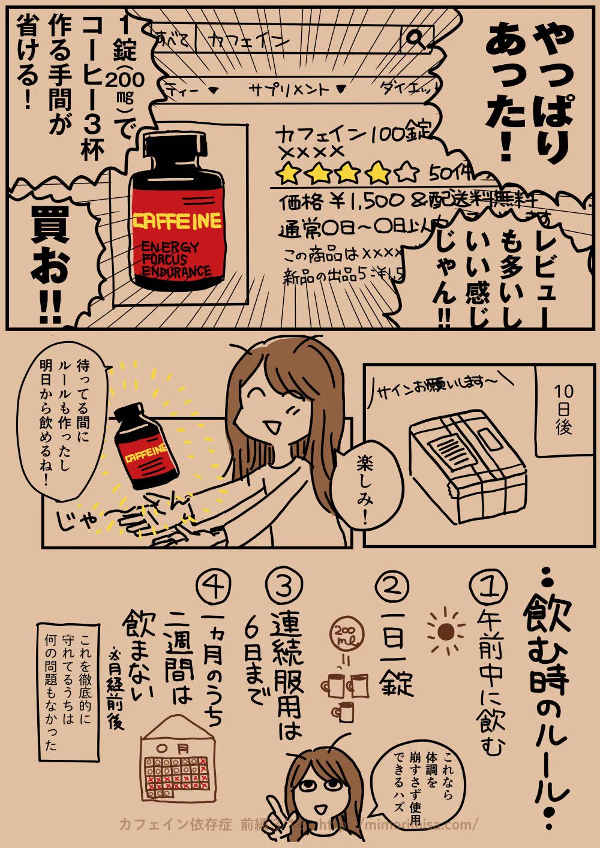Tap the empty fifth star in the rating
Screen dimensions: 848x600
pyautogui.click(x=407, y=173)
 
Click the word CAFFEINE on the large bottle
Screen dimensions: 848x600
pyautogui.click(x=178, y=221)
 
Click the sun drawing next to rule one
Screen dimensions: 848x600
pyautogui.click(x=445, y=631)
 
